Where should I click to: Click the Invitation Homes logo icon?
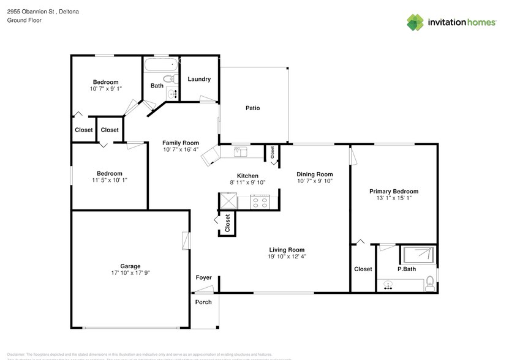tap(416, 23)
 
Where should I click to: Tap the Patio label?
tap(252, 108)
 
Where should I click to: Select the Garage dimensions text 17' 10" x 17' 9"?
tap(130, 273)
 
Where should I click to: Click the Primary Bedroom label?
tap(393, 192)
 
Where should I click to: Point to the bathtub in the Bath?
tap(160, 64)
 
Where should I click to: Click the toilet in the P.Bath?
tap(430, 283)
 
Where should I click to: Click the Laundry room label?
tap(199, 79)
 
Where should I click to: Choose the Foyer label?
tap(203, 278)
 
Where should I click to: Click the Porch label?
tap(203, 302)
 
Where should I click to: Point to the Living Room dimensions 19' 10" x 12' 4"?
tap(287, 257)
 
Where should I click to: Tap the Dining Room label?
tap(314, 174)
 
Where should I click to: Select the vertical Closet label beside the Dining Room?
tap(273, 153)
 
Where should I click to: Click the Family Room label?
tap(181, 143)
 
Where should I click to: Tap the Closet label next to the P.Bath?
tap(363, 269)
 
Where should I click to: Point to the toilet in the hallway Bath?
tap(173, 78)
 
